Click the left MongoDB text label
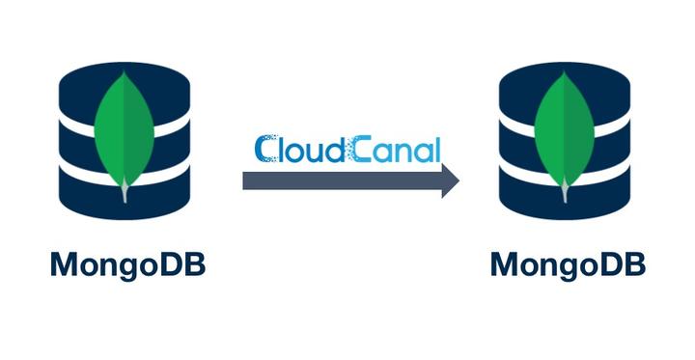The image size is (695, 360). coord(126,263)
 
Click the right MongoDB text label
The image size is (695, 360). coord(566,263)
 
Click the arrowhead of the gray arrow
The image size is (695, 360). coord(450,180)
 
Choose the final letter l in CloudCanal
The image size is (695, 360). coord(436,148)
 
